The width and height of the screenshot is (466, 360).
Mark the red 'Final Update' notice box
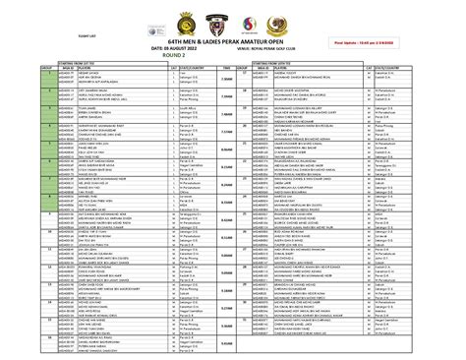point(398,41)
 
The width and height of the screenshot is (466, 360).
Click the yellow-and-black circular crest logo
point(173,17)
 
